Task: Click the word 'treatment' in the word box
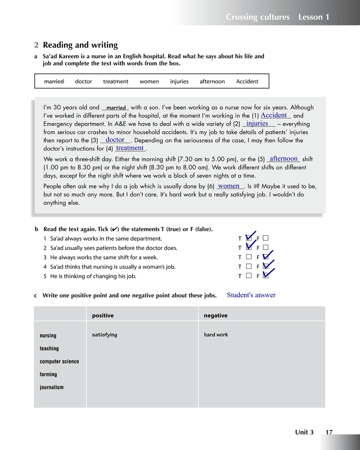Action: [x=116, y=81]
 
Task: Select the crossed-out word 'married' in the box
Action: [x=54, y=81]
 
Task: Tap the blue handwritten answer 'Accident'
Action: [x=274, y=115]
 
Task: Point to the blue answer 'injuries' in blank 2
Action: [x=257, y=123]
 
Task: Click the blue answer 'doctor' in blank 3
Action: [x=115, y=140]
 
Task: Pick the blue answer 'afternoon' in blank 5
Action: [x=283, y=158]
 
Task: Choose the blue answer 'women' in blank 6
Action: [x=229, y=186]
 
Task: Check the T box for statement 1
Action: [x=249, y=238]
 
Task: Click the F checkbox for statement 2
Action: [x=266, y=247]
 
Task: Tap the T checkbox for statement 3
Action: [x=249, y=257]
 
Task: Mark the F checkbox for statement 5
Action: [x=266, y=276]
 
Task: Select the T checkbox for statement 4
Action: [x=249, y=266]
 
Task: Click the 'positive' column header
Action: [x=103, y=315]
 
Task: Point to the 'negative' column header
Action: [x=216, y=315]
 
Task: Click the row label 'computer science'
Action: [x=59, y=361]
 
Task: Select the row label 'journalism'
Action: [x=51, y=387]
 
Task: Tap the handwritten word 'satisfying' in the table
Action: [x=104, y=335]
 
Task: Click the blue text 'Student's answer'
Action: [x=251, y=295]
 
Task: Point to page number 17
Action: [x=329, y=432]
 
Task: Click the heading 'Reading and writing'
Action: [x=80, y=45]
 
